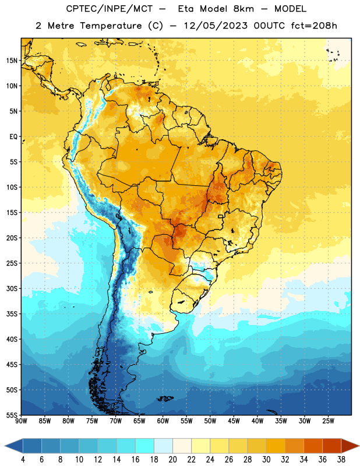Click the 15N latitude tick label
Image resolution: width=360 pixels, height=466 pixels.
point(12,61)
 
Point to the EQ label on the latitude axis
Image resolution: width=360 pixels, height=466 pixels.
point(13,137)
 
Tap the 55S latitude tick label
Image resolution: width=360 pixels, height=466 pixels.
point(12,415)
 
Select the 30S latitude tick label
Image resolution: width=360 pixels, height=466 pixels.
point(12,288)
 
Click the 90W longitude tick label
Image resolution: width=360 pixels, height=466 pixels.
point(21,421)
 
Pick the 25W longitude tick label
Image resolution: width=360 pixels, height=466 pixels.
point(328,421)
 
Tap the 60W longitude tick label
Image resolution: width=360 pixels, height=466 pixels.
point(163,421)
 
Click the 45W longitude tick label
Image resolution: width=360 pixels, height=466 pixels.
point(234,421)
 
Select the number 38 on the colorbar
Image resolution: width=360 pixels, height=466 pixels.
point(341,460)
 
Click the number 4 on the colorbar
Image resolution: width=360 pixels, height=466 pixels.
point(23,460)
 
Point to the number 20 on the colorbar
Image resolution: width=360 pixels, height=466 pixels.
point(172,460)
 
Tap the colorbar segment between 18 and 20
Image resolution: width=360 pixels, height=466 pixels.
point(163,446)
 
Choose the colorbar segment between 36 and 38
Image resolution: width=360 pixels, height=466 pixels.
point(332,446)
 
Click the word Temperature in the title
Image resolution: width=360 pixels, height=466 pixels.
point(111,26)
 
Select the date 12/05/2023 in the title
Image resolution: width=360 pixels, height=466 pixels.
point(216,26)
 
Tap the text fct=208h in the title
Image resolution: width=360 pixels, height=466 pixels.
point(314,26)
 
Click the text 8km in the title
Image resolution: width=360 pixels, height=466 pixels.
point(243,9)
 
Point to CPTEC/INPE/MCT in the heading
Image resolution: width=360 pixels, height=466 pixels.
point(110,9)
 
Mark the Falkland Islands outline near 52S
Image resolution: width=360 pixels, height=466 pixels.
point(165,398)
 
